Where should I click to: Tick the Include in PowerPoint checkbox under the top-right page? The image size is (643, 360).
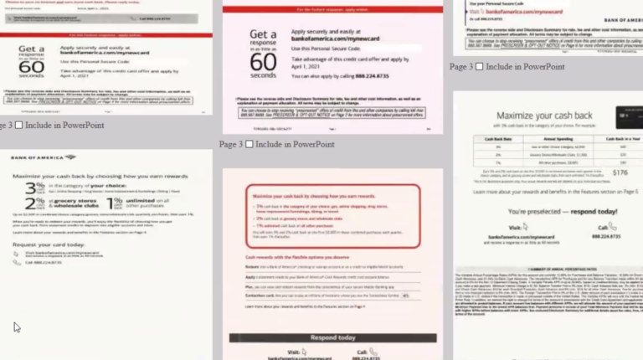pyautogui.click(x=479, y=67)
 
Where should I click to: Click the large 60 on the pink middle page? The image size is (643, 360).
pyautogui.click(x=263, y=61)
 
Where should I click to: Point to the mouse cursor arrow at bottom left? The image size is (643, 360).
pyautogui.click(x=17, y=327)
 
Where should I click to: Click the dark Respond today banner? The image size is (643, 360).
pyautogui.click(x=332, y=337)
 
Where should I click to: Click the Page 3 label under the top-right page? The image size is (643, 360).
pyautogui.click(x=461, y=67)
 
